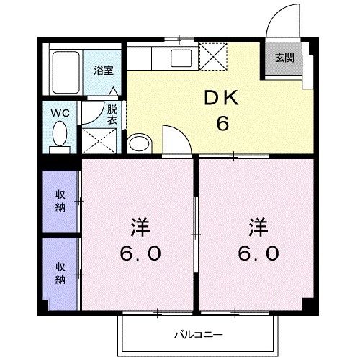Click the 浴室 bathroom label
coord(104,71)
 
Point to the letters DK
coord(223,99)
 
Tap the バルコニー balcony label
coord(197,334)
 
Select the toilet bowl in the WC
coord(59,135)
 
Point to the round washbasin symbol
coord(138,143)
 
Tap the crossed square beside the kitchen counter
coord(215,56)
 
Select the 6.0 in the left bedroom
coord(140,254)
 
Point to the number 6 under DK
coord(223,123)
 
